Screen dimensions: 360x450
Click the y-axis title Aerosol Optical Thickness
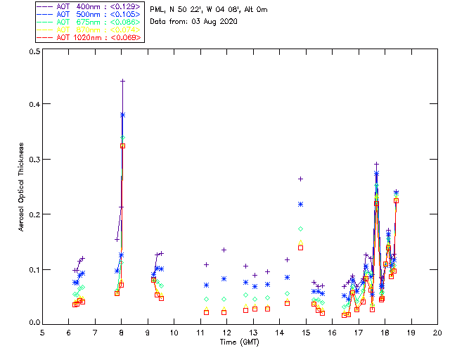22,187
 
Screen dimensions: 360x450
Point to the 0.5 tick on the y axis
33,52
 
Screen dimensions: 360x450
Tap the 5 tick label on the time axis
42,332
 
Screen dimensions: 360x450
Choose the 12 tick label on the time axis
226,332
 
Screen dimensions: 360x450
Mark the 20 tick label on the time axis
437,332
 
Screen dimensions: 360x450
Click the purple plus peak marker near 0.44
122,81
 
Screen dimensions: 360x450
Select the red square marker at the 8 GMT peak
122,146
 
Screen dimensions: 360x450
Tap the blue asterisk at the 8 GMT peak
122,115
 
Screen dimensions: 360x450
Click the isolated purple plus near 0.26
300,179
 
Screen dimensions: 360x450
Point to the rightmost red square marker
396,200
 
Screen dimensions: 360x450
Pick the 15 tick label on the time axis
306,332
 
